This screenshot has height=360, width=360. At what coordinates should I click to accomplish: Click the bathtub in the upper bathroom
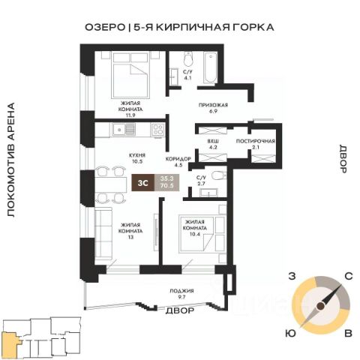click(211, 67)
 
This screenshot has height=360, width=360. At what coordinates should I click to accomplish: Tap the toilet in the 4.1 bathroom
click(188, 58)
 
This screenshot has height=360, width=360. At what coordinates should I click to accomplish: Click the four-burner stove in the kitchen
click(158, 130)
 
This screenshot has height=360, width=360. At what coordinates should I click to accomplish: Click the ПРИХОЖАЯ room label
click(213, 105)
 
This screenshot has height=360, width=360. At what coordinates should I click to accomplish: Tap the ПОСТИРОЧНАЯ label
click(256, 141)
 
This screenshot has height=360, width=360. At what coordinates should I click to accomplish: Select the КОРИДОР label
click(178, 159)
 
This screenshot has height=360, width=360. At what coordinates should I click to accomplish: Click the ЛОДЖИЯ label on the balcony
click(181, 291)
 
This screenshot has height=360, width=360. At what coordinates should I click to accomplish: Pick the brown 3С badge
click(143, 183)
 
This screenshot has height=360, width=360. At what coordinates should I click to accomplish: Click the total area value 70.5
click(167, 186)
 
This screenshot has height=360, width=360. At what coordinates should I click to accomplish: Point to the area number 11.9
click(130, 115)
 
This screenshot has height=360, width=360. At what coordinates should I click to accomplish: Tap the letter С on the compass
click(349, 276)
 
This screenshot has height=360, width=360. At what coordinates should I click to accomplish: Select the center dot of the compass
click(320, 306)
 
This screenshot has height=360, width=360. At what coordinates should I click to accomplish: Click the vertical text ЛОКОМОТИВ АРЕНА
click(10, 160)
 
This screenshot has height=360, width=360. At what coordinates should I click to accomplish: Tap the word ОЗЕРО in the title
click(105, 27)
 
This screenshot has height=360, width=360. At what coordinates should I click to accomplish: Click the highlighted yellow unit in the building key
click(10, 343)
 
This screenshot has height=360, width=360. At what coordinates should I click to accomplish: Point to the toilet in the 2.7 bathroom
click(219, 175)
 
